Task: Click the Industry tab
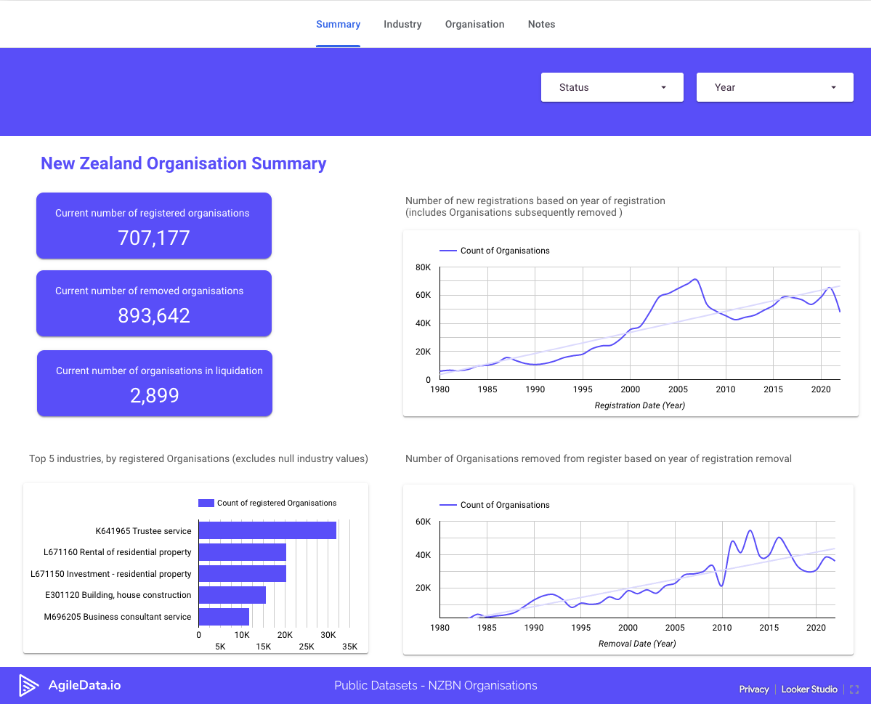tap(402, 24)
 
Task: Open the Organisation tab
tap(474, 24)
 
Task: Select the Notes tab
tap(541, 24)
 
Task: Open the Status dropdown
tap(612, 87)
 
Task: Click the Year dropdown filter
tap(774, 87)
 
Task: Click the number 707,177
tap(154, 238)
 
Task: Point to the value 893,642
tap(154, 315)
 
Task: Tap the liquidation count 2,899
tap(155, 395)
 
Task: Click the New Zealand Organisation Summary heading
tap(183, 163)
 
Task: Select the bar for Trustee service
tap(267, 530)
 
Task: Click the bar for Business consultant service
tap(224, 617)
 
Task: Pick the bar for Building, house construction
tap(232, 595)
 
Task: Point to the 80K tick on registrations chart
tap(423, 267)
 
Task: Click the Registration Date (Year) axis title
tap(639, 405)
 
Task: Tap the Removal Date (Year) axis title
tap(637, 644)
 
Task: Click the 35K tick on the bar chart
tap(349, 646)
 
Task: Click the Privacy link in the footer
tap(753, 689)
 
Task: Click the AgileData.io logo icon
tap(28, 685)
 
